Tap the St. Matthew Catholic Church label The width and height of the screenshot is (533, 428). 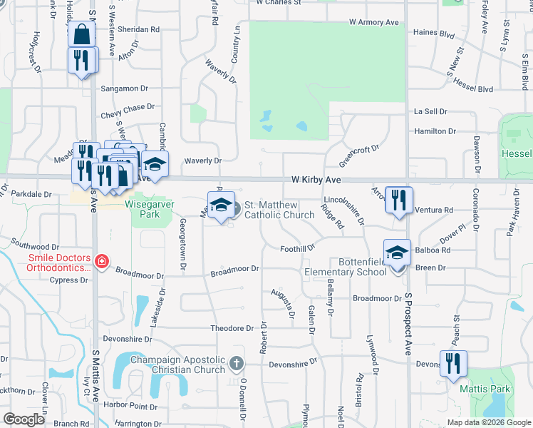coord(279,210)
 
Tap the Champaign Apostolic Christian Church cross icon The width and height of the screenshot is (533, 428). coord(238,365)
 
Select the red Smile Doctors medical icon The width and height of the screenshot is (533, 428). coord(102,262)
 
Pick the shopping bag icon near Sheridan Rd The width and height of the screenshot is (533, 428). coord(82,34)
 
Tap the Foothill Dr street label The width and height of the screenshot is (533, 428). coord(297,248)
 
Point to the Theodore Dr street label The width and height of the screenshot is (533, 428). coord(232,328)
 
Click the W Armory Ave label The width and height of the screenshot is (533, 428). coord(374,23)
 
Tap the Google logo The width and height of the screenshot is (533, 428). coord(24,419)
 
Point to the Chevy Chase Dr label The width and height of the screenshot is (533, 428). coord(128,107)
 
